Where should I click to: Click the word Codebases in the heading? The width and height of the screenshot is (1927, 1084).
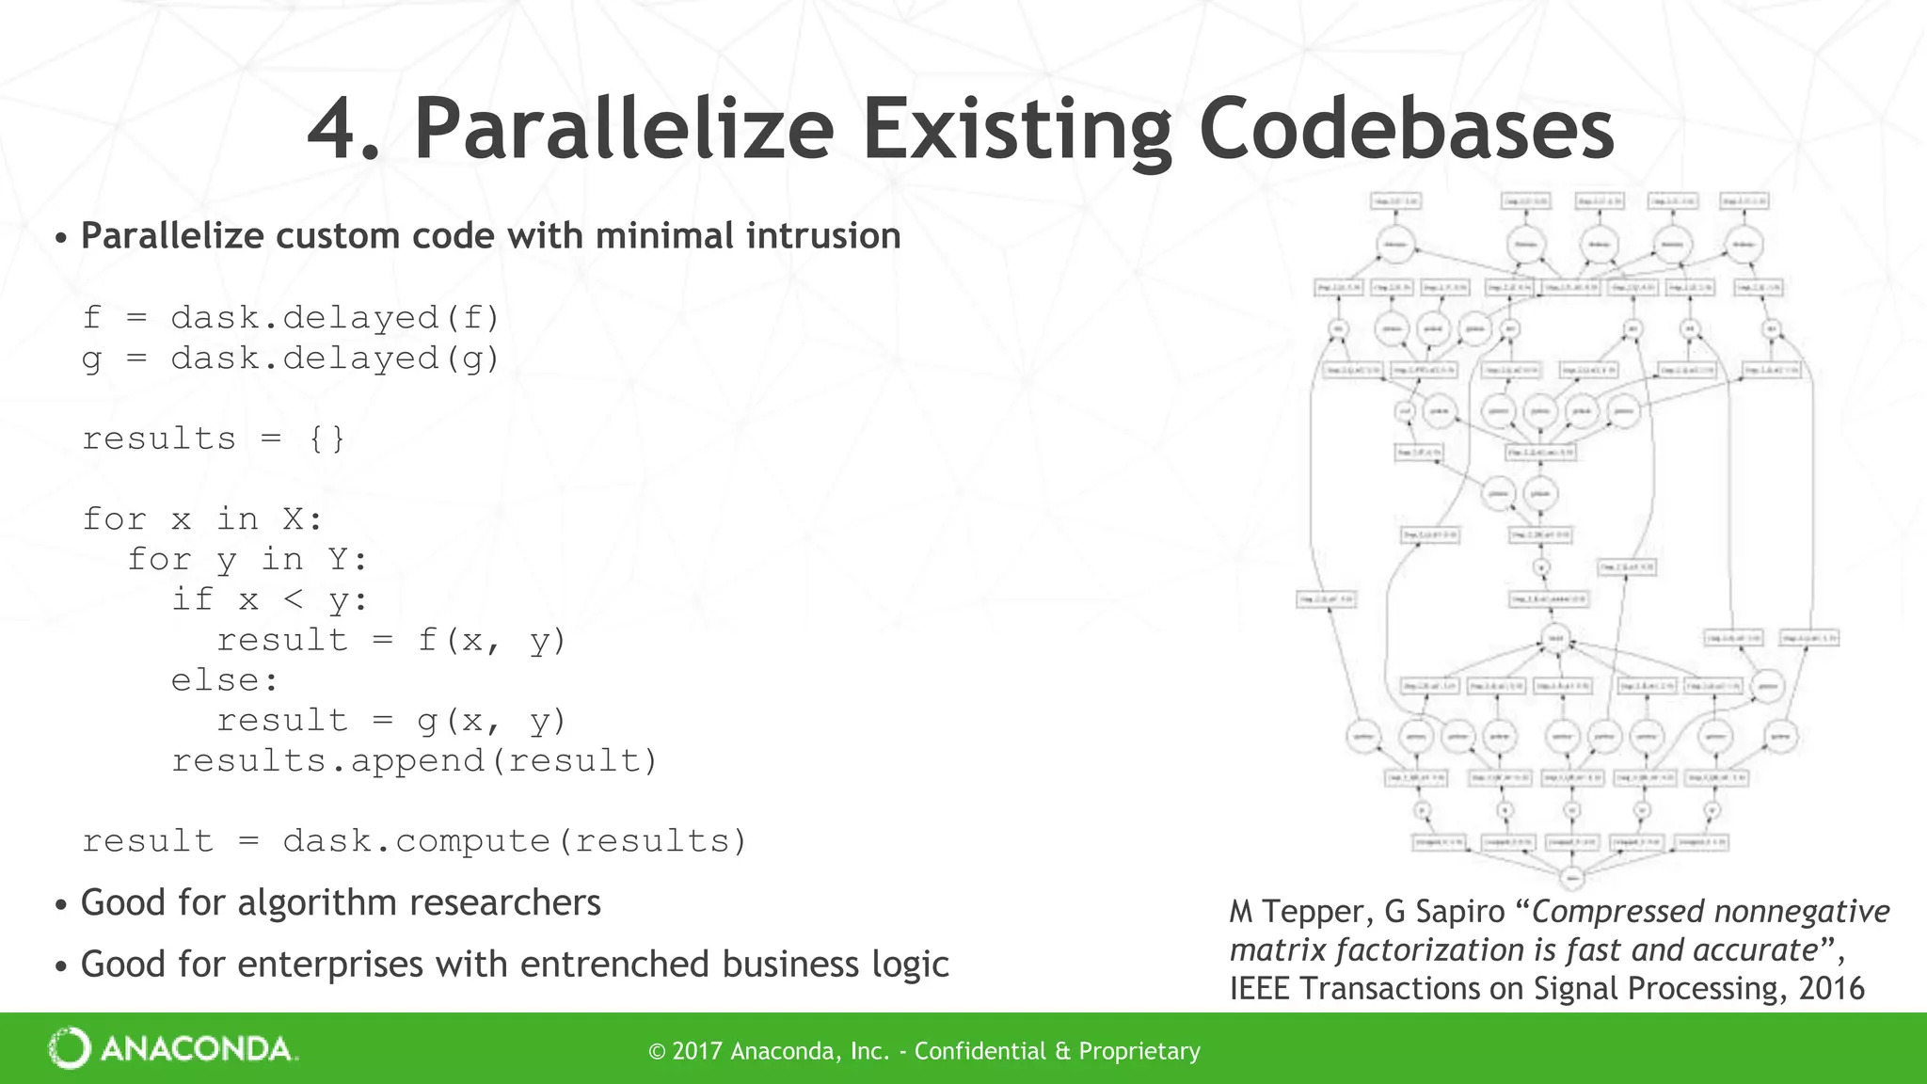(x=1407, y=129)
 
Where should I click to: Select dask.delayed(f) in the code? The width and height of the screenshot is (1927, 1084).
(x=335, y=318)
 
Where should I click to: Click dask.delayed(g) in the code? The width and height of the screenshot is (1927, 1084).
(x=335, y=359)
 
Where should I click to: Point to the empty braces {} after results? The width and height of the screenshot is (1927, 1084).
(x=326, y=439)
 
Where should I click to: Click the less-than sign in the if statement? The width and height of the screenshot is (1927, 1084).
(x=293, y=599)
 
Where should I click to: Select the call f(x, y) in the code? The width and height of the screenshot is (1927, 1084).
(x=491, y=641)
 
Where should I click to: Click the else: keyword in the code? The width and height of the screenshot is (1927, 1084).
(x=225, y=680)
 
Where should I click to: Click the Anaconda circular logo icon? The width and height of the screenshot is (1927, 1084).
(x=69, y=1048)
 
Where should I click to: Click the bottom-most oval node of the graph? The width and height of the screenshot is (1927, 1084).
(x=1571, y=878)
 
